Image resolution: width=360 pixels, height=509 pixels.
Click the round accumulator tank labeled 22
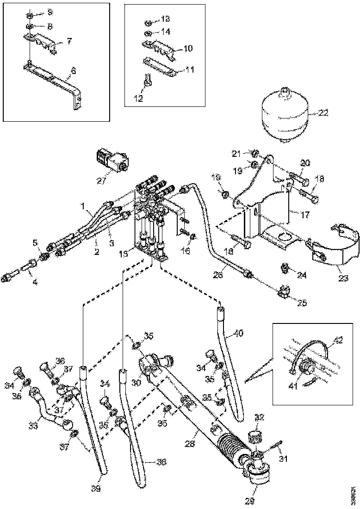click(x=282, y=113)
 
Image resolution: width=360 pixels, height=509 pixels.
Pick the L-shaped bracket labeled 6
click(x=69, y=93)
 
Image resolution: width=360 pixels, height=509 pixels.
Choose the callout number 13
click(x=164, y=19)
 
